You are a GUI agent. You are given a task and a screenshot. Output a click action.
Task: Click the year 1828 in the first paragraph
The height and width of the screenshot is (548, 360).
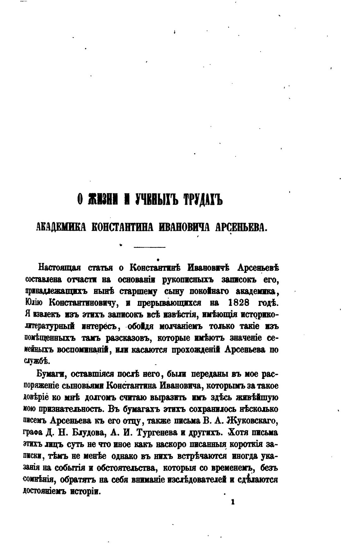(x=238, y=302)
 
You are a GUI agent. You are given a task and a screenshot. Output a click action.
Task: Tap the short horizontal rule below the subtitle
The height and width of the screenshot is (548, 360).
(x=149, y=247)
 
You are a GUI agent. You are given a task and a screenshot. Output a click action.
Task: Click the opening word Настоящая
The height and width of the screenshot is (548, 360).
(x=59, y=268)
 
